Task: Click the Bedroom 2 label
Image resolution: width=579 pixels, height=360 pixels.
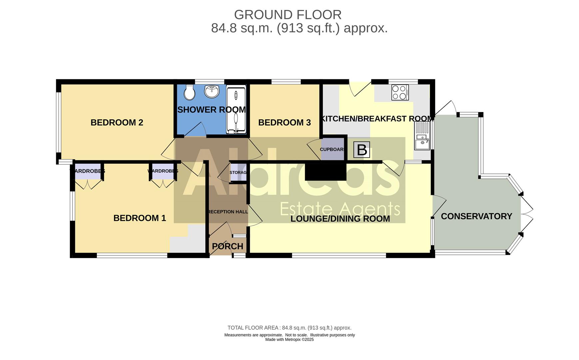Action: [117, 122]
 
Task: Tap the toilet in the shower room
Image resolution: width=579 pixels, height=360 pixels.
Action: [190, 92]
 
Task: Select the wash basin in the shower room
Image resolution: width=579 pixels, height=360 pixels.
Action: [212, 91]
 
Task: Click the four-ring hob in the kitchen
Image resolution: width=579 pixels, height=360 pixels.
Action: [400, 92]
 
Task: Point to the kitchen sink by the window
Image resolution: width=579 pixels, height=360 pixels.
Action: [422, 136]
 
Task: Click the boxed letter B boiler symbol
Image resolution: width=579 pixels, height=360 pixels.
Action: [361, 150]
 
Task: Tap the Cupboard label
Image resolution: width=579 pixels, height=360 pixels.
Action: [332, 149]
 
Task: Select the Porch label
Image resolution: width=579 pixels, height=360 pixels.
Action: [228, 246]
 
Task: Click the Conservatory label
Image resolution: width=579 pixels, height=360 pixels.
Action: [476, 216]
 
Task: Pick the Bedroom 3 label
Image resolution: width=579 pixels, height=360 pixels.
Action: [284, 122]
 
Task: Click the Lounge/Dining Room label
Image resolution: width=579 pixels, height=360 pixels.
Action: [340, 219]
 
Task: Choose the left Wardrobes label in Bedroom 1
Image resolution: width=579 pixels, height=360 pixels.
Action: [88, 171]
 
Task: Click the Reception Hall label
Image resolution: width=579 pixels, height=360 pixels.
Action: [228, 212]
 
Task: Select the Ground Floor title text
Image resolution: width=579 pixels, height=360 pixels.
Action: [288, 15]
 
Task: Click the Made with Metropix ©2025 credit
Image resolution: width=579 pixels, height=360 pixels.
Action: [289, 340]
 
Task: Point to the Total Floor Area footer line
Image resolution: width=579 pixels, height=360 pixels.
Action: [289, 328]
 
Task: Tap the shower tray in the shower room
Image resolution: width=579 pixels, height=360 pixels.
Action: [236, 109]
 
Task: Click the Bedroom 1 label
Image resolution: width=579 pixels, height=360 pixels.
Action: [140, 218]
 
